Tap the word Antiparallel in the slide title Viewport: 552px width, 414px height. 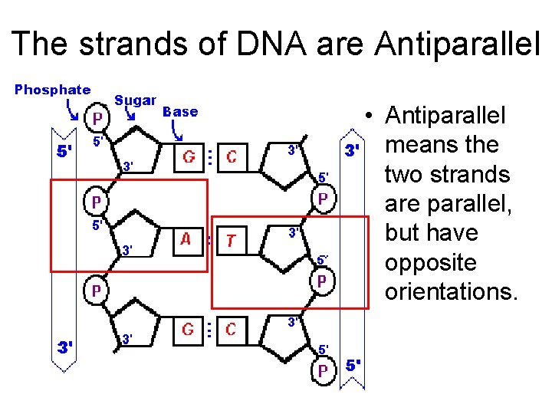point(457,44)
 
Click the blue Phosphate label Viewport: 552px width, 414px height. point(52,90)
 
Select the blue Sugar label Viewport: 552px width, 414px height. point(136,100)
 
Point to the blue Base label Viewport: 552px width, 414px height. point(181,111)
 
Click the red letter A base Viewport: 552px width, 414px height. point(186,238)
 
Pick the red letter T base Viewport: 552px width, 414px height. point(230,241)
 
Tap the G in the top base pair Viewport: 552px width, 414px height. point(187,157)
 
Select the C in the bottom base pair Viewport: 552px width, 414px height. point(230,330)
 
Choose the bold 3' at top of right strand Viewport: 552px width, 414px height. point(352,150)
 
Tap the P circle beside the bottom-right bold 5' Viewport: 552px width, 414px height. point(323,371)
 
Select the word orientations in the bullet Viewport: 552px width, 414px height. point(452,291)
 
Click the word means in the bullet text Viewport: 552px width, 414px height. point(420,145)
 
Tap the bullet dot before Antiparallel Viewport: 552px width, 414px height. point(370,117)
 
